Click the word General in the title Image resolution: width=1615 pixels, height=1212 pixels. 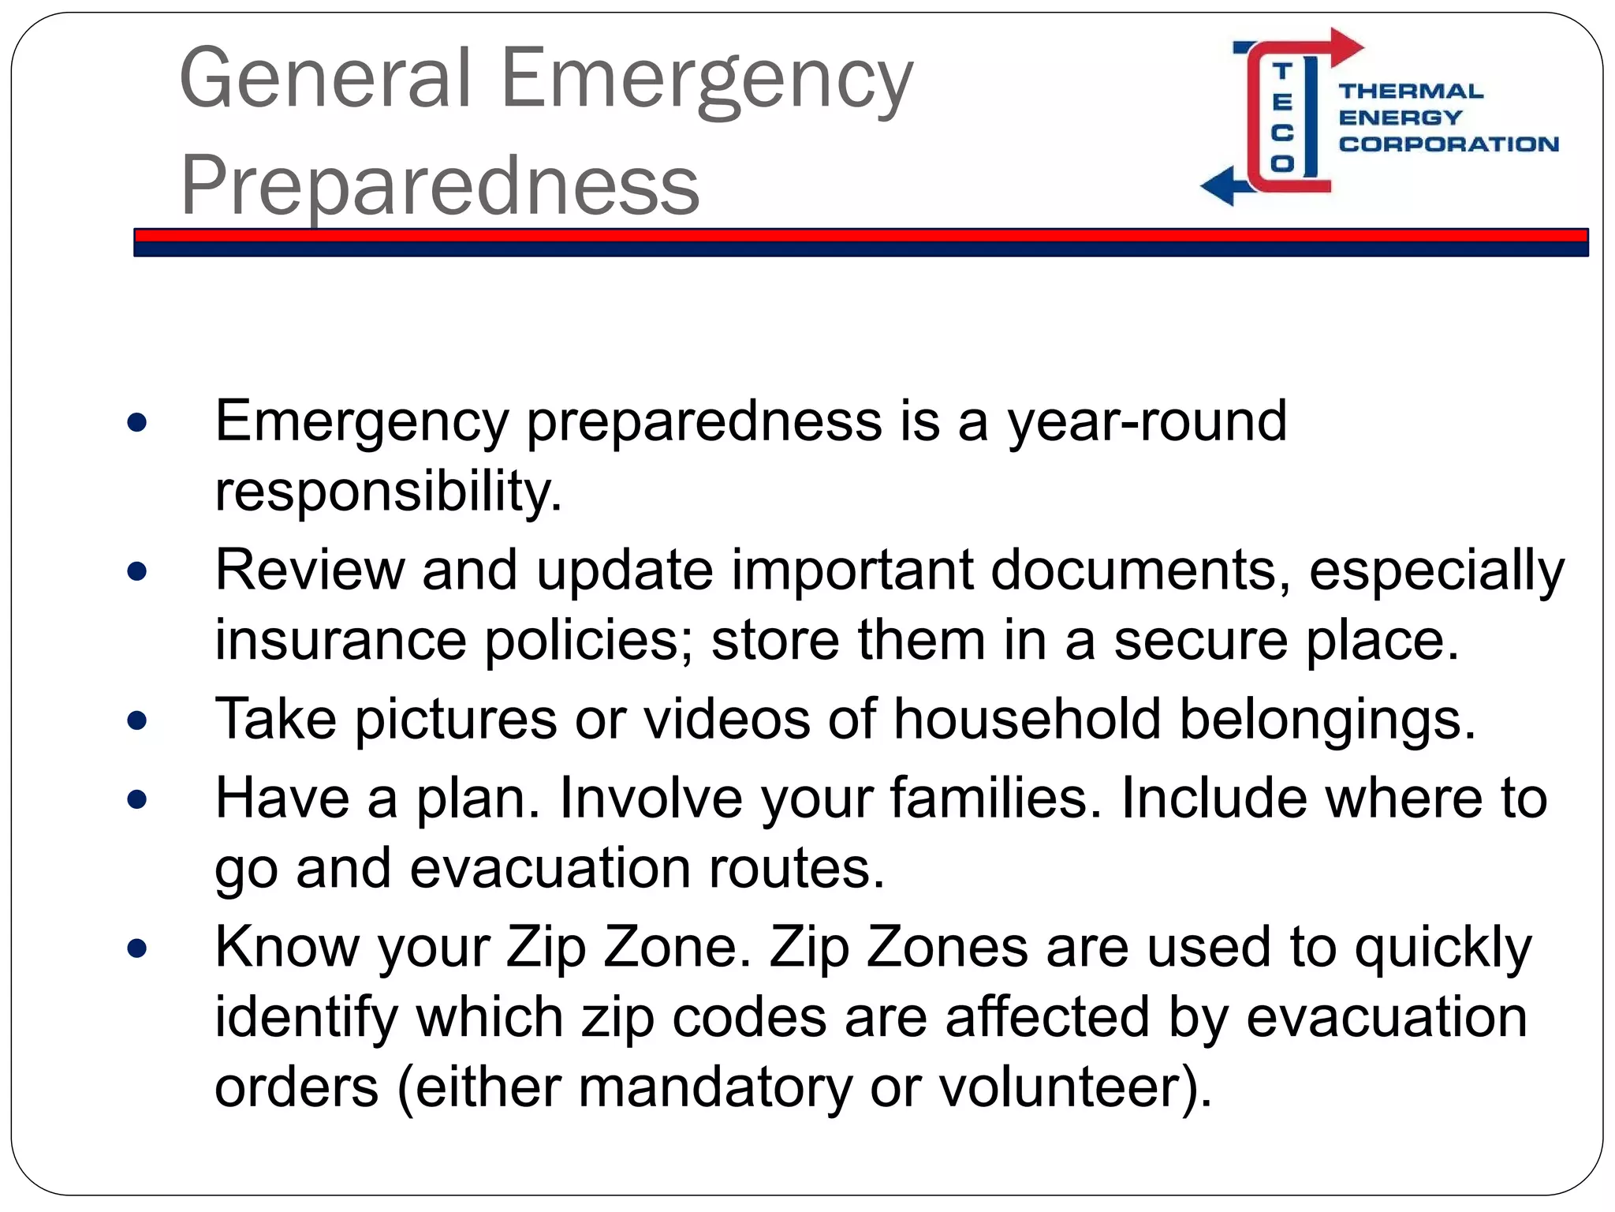tap(325, 78)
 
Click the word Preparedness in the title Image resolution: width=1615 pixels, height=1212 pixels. tap(439, 186)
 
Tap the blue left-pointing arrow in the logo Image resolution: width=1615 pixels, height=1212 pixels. tap(1220, 186)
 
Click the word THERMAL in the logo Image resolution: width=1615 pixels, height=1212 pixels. tap(1410, 92)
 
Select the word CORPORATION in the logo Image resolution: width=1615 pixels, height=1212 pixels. tap(1448, 144)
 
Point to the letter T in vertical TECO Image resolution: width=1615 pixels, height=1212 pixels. tap(1282, 72)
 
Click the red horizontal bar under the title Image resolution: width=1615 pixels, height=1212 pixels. tap(860, 235)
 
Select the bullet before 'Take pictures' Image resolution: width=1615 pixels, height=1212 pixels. tap(137, 720)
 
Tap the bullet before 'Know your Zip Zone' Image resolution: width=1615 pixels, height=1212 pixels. tap(137, 948)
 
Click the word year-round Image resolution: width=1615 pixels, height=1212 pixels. tap(1147, 422)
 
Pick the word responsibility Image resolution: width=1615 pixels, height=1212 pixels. tap(388, 492)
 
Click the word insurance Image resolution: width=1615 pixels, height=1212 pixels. tap(340, 640)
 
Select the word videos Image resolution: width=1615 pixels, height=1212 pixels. tap(726, 720)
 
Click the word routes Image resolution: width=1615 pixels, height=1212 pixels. tap(796, 868)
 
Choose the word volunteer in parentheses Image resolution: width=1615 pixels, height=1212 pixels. tap(1061, 1087)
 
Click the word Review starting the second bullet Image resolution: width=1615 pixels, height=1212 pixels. tap(309, 570)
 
